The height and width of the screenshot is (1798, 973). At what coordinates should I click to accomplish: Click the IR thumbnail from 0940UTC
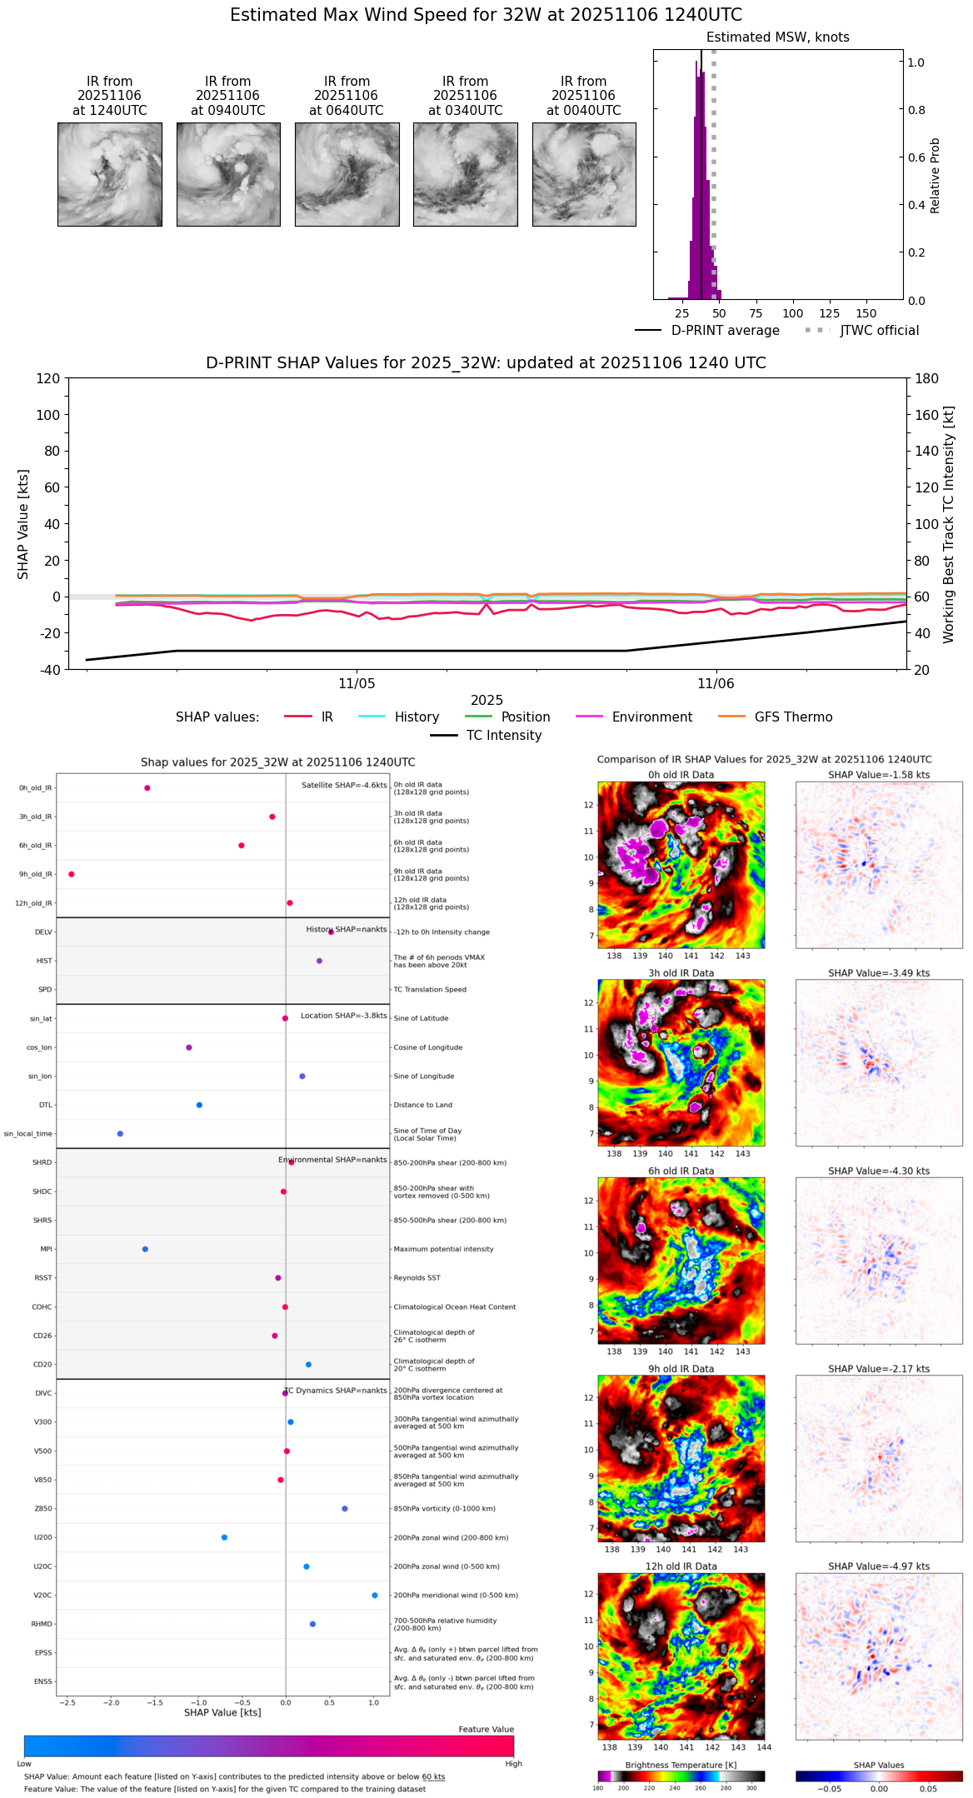tap(228, 174)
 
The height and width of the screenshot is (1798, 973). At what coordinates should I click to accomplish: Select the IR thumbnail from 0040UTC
tap(584, 174)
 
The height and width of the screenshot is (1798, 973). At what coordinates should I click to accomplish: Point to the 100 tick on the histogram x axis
tap(792, 313)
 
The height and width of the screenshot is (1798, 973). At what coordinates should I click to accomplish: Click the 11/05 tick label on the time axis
tap(357, 684)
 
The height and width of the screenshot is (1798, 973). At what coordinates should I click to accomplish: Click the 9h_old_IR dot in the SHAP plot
tap(72, 874)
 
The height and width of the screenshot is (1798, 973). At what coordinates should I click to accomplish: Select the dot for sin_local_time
tap(120, 1134)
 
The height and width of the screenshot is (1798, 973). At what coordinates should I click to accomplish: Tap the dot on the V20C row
tap(375, 1596)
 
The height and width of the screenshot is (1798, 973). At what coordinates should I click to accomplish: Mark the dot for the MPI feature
tap(145, 1249)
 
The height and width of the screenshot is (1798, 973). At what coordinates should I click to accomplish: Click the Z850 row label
tap(42, 1509)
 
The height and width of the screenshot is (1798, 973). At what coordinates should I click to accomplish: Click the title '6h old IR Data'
tap(681, 1171)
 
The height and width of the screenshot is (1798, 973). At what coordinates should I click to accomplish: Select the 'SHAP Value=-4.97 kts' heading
tap(879, 1566)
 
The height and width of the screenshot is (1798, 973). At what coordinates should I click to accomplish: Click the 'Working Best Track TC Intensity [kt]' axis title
tap(948, 525)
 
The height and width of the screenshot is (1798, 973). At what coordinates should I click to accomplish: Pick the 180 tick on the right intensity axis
tap(926, 379)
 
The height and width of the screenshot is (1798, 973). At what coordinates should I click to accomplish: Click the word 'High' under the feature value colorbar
tap(513, 1764)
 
